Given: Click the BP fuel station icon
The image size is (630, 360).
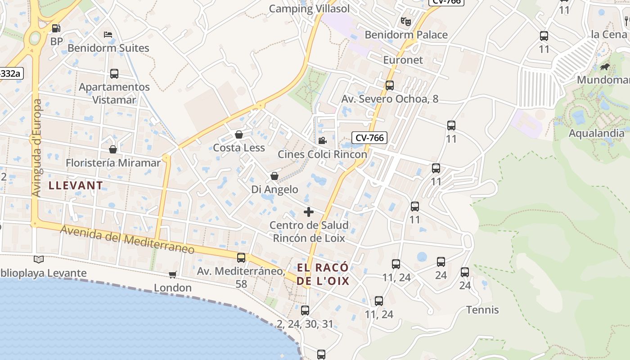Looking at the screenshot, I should pos(56,28).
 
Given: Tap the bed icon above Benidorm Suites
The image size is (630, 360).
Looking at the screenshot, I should pos(108,34).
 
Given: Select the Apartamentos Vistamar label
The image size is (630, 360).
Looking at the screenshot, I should pos(114,93).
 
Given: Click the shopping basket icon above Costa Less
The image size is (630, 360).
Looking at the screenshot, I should pos(239,135).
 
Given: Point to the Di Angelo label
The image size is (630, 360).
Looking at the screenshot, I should pos(274,189).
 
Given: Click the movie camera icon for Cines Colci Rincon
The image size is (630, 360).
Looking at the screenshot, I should pos(322,141).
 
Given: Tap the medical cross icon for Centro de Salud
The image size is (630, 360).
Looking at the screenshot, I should pos(309,211).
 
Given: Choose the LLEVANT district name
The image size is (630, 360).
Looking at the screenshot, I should pos(76,185).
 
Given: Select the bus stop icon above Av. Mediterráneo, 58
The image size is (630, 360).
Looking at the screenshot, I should pos(241,258).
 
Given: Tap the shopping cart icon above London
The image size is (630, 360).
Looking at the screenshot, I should pos(172,274).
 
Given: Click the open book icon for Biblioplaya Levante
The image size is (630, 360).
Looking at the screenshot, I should pos(39,259).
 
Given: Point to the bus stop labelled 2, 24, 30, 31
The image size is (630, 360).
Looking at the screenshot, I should pos(305,310).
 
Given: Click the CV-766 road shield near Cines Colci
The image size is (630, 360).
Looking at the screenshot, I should pos(369,138).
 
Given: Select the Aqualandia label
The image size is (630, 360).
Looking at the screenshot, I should pos(596,133).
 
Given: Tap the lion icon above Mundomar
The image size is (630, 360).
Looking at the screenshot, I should pos(604,67).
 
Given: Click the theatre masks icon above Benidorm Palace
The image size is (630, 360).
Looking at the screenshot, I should pos(406,21).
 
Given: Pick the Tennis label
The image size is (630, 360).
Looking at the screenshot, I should pos(482,310).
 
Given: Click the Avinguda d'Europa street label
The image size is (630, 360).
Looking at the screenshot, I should pos(37,148).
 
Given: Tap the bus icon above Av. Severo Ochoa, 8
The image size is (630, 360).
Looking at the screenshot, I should pos(390,85).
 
